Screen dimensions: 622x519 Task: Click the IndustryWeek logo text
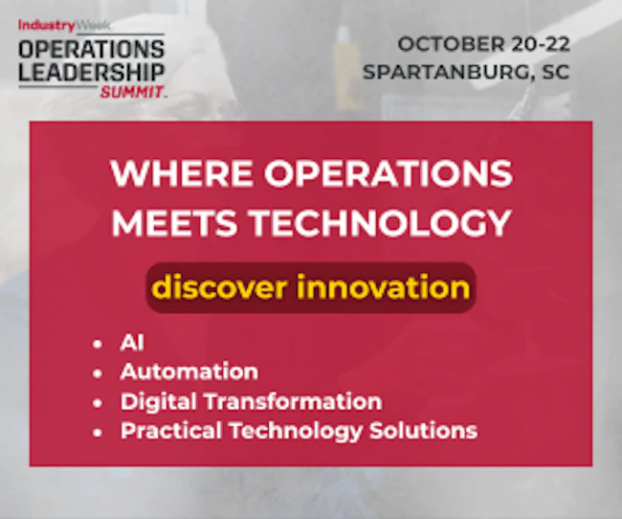(64, 26)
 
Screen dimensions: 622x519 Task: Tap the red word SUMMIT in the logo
(132, 92)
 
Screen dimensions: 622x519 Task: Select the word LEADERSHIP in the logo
(91, 72)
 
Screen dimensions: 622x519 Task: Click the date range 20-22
(541, 44)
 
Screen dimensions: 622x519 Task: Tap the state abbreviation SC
(555, 72)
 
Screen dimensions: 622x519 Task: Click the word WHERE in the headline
(182, 173)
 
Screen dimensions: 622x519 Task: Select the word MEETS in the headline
(174, 223)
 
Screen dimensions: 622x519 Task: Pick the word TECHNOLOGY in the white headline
(380, 223)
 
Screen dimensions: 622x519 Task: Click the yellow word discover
(219, 286)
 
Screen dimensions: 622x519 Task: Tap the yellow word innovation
(383, 286)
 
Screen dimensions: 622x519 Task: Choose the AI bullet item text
(132, 342)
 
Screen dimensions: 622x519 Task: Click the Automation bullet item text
(189, 372)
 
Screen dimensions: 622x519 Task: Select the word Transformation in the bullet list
(293, 401)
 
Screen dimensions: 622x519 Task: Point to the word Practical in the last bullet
(171, 431)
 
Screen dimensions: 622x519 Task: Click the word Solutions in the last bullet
(423, 431)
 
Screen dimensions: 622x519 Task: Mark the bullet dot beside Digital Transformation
(98, 402)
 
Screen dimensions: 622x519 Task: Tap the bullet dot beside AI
(98, 344)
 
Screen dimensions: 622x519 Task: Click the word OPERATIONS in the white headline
(389, 173)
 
